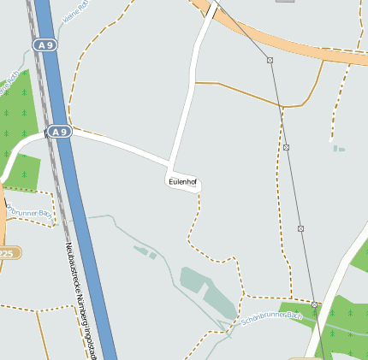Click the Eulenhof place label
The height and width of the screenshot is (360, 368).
(x=182, y=181)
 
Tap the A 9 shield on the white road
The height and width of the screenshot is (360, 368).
(x=58, y=133)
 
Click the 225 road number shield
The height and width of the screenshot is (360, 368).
(x=7, y=253)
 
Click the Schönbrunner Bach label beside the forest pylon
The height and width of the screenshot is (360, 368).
(x=272, y=321)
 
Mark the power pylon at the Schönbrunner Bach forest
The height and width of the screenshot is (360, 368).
(x=315, y=304)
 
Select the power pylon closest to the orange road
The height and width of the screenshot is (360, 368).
(x=270, y=60)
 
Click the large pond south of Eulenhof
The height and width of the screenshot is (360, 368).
(x=205, y=291)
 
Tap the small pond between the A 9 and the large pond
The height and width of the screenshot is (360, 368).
(x=145, y=251)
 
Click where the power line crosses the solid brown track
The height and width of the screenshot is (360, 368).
(x=280, y=106)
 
